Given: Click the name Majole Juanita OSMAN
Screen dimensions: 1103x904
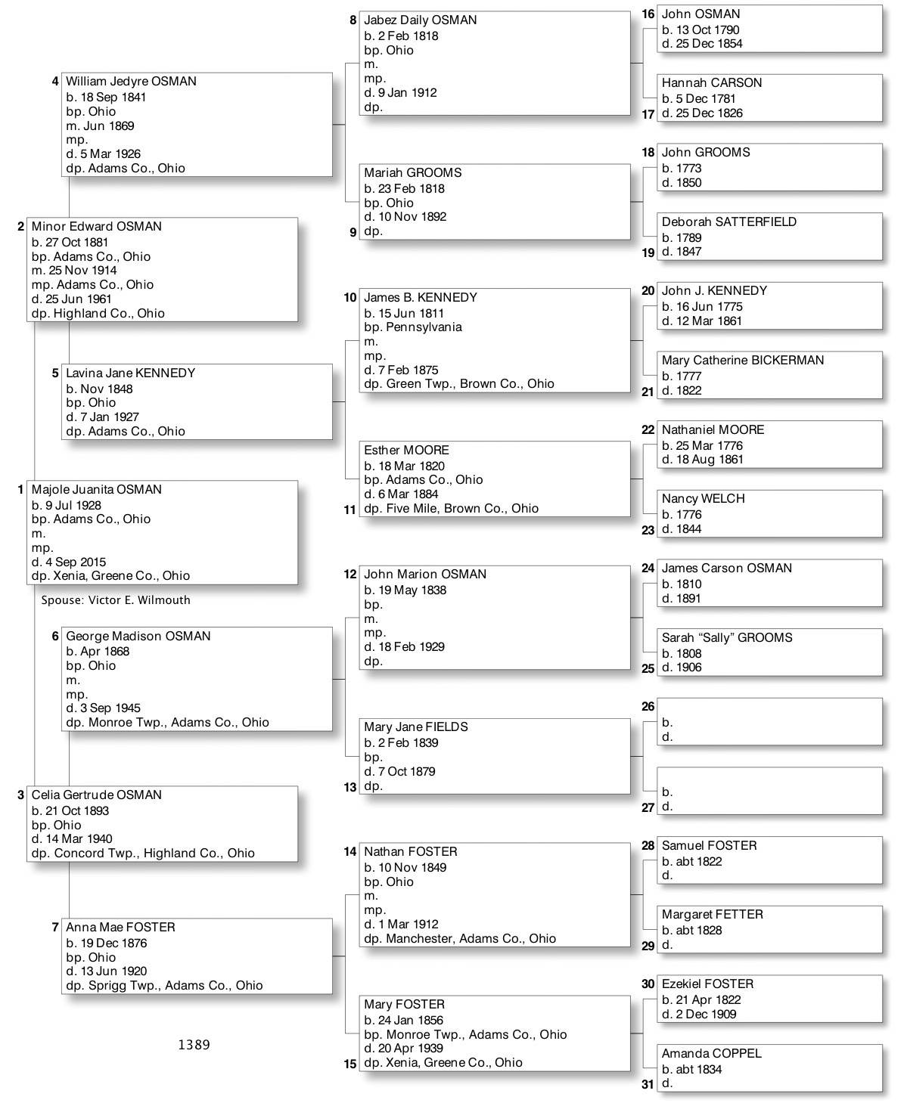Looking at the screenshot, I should coord(96,490).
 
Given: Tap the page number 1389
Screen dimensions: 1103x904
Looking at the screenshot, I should coord(194,1045).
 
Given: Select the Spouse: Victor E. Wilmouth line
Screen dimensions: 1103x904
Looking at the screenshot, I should coord(116,600).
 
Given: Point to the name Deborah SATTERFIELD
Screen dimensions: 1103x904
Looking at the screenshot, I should coord(728,222).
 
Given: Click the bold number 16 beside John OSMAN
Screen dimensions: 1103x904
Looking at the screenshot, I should coord(648,14).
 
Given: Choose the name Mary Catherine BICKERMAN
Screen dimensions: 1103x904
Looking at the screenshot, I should coord(742,361).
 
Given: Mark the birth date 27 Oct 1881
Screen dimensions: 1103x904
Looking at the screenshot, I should coord(76,243).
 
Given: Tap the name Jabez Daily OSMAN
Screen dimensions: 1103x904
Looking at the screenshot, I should coord(420,20).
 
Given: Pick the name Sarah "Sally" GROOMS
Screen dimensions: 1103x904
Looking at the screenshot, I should coord(726,638).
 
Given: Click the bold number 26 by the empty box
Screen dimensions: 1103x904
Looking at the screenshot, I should coord(648,707).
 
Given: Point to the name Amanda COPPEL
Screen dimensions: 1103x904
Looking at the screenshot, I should coord(711,1054).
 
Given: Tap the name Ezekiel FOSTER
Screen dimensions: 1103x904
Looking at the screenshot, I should coord(707,984).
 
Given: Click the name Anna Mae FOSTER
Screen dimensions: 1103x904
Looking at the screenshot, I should coord(120,928).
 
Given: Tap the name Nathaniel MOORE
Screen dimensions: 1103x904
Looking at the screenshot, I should coord(713,430).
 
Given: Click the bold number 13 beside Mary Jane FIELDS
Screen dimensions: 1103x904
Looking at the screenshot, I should coord(349,788).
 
